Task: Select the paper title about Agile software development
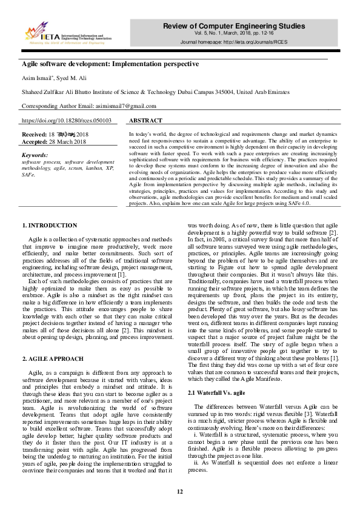pyautogui.click(x=110, y=63)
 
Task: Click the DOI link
pyautogui.click(x=67, y=121)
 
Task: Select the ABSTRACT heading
pyautogui.click(x=145, y=121)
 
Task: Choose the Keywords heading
pyautogui.click(x=35, y=156)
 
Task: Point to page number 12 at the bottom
pyautogui.click(x=179, y=492)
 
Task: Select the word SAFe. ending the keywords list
pyautogui.click(x=28, y=174)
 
